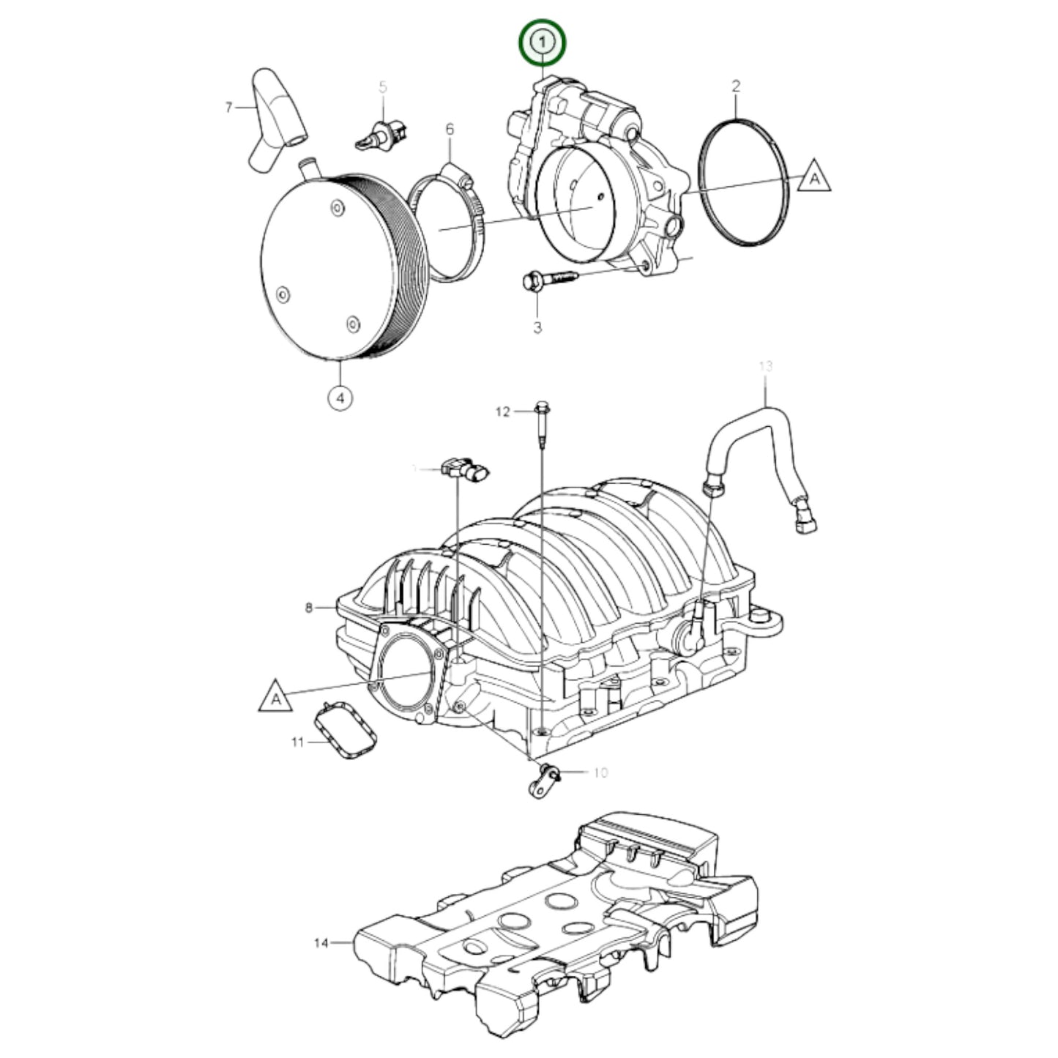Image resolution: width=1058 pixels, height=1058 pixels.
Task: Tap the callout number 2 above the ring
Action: tap(736, 86)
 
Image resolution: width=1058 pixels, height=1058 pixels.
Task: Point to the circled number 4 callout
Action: tap(340, 398)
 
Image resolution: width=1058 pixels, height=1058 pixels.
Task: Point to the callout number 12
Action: tap(502, 412)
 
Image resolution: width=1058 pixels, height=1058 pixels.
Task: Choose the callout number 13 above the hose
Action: tap(765, 366)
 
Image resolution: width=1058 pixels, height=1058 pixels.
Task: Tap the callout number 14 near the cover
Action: tap(321, 943)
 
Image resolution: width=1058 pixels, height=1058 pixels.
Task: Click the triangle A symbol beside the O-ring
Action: tap(813, 178)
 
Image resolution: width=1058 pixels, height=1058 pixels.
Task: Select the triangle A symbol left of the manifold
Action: tap(275, 697)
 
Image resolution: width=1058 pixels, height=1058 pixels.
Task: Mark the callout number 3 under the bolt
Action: tap(537, 327)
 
